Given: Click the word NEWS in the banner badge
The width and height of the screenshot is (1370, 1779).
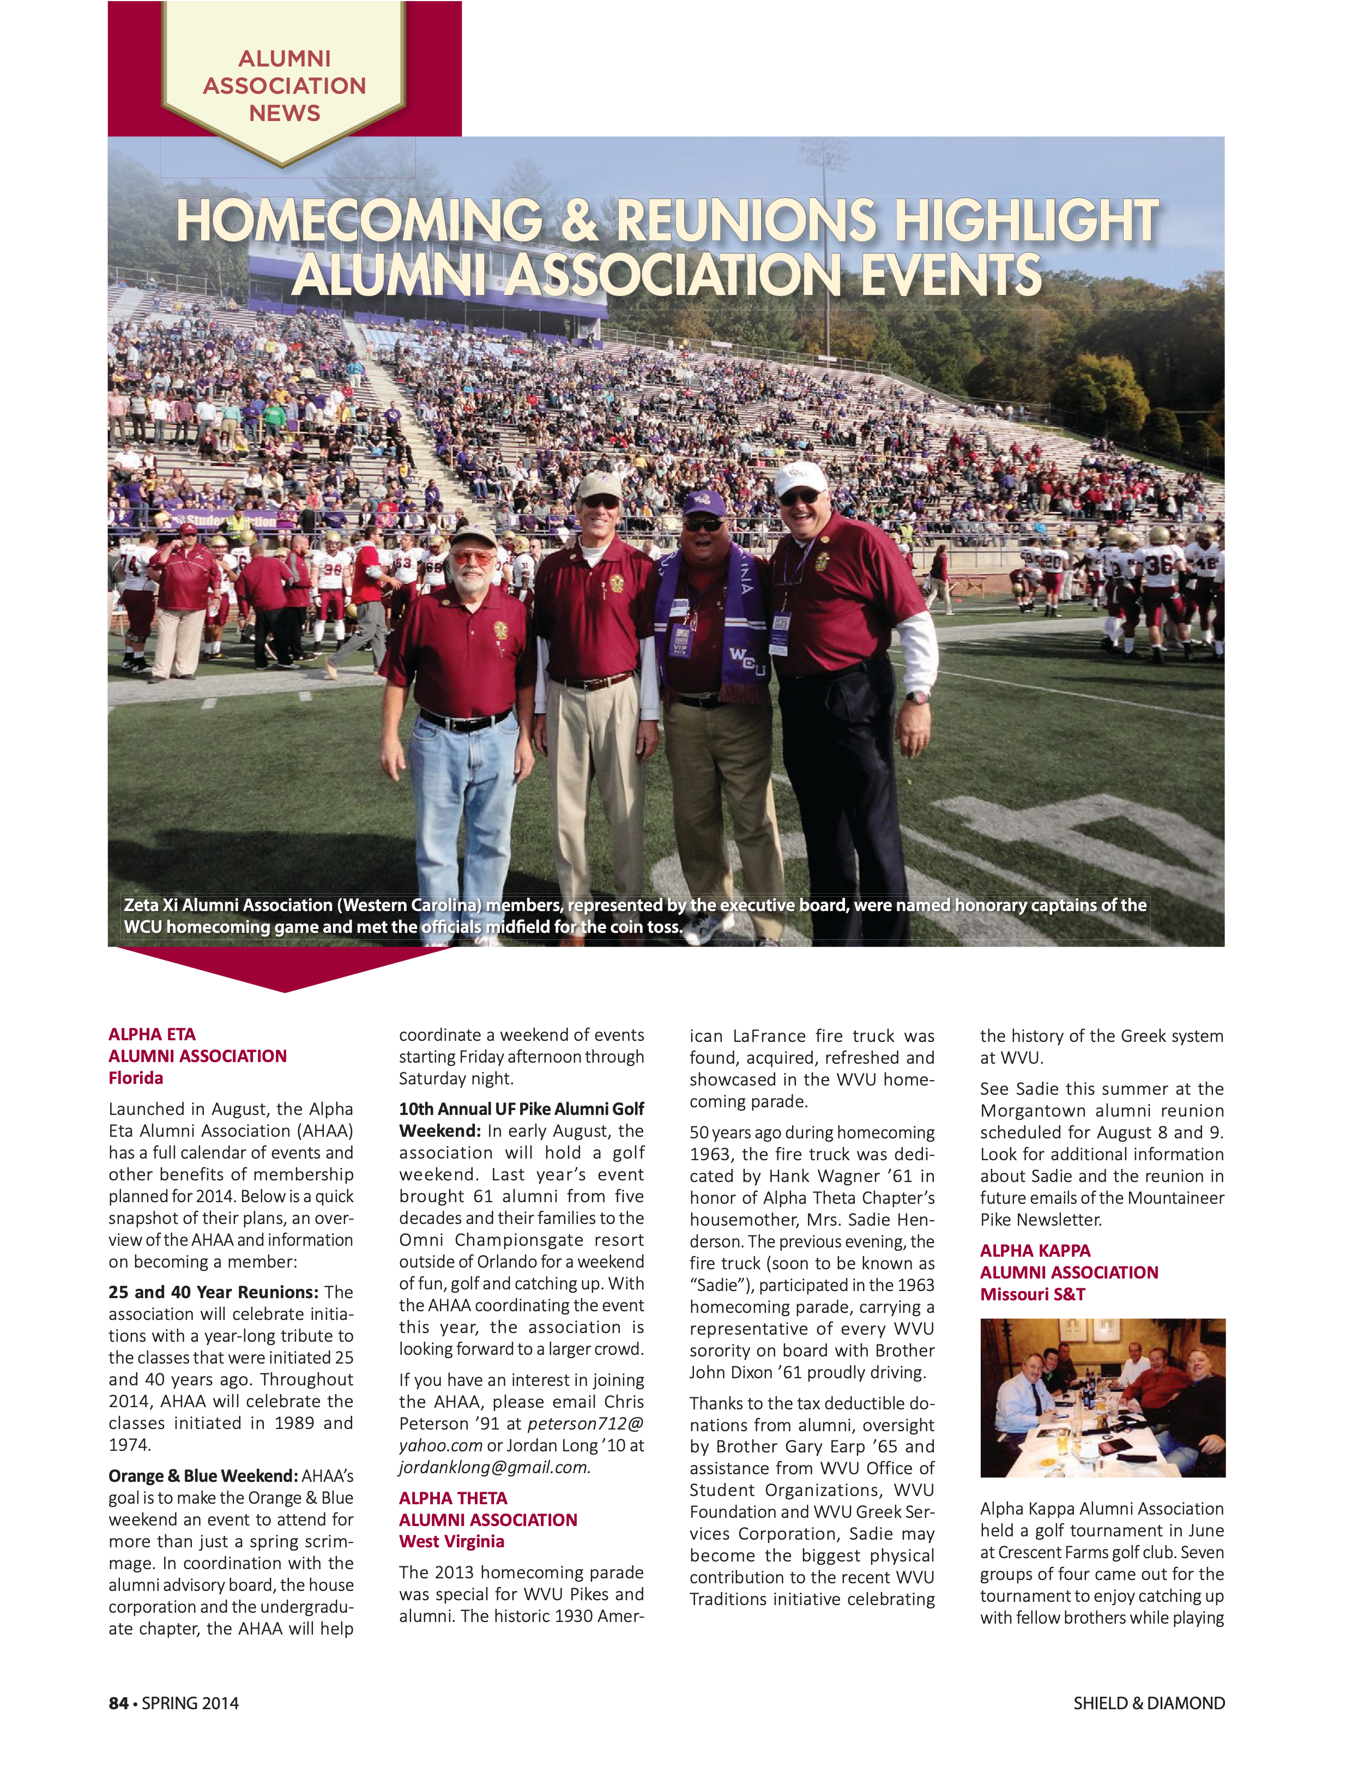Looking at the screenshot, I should click(284, 113).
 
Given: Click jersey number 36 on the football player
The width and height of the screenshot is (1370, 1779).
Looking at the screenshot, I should click(1158, 564).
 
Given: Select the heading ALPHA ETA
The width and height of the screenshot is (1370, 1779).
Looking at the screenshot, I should click(152, 1034).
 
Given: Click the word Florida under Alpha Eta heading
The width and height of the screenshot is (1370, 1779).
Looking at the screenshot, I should click(135, 1078).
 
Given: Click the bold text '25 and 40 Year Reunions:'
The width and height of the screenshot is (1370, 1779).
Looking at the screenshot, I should click(213, 1292).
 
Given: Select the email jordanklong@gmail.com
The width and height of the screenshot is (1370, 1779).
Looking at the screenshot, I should click(493, 1467).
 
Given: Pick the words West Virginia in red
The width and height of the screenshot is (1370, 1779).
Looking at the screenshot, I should click(451, 1541).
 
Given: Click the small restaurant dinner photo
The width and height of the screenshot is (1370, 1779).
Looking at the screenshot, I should click(1102, 1398).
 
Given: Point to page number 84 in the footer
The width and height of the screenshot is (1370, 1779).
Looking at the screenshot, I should click(118, 1703).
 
